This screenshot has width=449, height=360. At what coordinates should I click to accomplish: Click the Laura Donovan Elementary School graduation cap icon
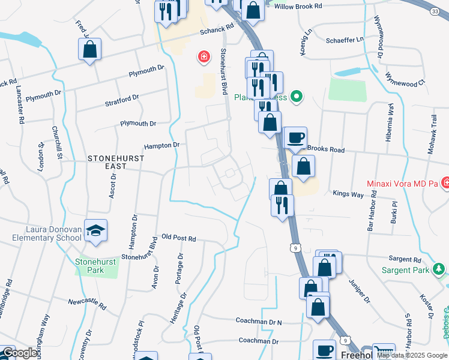[x=95, y=230]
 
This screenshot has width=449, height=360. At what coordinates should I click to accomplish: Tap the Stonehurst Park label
[x=89, y=266]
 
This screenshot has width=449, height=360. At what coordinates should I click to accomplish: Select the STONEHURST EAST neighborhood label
[x=115, y=158]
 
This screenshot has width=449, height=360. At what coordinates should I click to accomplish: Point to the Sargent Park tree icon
[x=439, y=269]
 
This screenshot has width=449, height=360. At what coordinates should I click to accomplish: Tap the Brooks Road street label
[x=325, y=149]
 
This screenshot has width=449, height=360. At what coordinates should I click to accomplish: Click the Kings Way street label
[x=348, y=194]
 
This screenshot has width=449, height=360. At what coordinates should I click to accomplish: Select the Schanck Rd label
[x=217, y=29]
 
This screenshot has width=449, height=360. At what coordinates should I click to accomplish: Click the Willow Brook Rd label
[x=298, y=5]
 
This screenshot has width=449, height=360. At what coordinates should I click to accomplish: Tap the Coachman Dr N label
[x=259, y=322]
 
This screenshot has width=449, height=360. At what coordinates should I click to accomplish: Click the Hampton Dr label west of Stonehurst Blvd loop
[x=161, y=145]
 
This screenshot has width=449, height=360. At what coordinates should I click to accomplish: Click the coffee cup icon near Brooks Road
[x=295, y=137]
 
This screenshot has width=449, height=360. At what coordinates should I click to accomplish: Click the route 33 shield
[x=435, y=11]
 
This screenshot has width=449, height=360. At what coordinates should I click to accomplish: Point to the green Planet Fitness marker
[x=296, y=96]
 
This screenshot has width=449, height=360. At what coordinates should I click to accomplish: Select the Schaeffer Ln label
[x=345, y=39]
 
